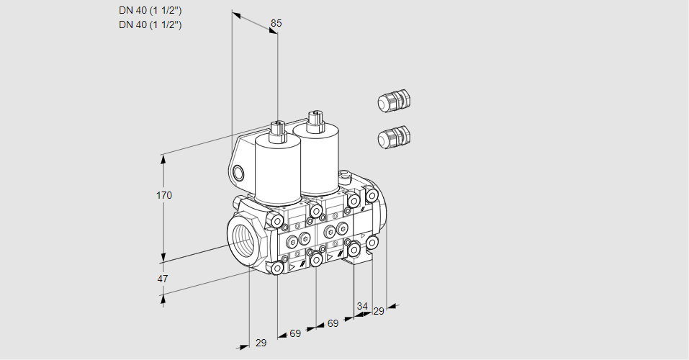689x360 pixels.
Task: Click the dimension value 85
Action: (x=276, y=23)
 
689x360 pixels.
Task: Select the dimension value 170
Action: (x=164, y=195)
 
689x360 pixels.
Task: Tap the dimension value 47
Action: (x=163, y=279)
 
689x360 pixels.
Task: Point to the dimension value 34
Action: (x=362, y=306)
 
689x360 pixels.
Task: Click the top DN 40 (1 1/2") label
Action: (x=150, y=11)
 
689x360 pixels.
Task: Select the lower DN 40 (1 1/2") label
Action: (x=150, y=24)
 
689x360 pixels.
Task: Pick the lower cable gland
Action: (x=394, y=136)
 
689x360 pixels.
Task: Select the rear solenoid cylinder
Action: (x=316, y=158)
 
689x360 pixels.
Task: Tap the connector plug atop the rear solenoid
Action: (x=315, y=120)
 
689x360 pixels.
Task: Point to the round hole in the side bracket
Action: (x=238, y=173)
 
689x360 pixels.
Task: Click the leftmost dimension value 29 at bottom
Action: (x=261, y=343)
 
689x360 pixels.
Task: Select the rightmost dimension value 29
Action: (x=378, y=311)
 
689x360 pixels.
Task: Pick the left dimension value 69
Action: (x=295, y=333)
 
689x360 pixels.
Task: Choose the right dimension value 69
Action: (x=333, y=323)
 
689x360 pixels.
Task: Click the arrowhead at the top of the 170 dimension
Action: (x=163, y=159)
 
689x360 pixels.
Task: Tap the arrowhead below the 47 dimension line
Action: (x=163, y=299)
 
